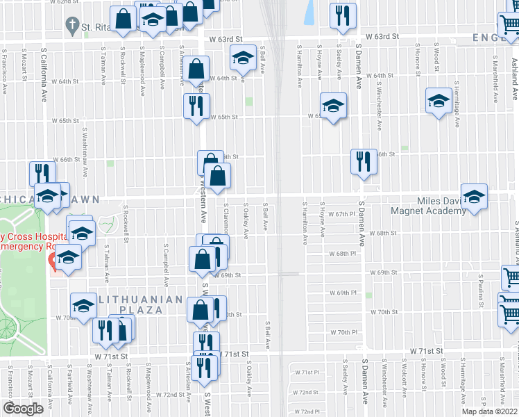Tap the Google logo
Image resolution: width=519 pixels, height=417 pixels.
(23, 409)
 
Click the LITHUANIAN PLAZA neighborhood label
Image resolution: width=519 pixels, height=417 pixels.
(130, 305)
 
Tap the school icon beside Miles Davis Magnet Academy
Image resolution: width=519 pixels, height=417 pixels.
(474, 197)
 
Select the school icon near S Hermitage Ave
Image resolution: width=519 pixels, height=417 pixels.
(439, 102)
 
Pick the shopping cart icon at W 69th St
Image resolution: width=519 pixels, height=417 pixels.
(511, 277)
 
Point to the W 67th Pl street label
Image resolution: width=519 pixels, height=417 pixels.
(341, 214)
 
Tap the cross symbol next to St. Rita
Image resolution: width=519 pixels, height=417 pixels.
(71, 26)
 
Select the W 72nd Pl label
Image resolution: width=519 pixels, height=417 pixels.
(305, 411)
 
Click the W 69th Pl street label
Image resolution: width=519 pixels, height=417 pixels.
(342, 293)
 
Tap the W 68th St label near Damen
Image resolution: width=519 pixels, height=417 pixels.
(382, 234)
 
